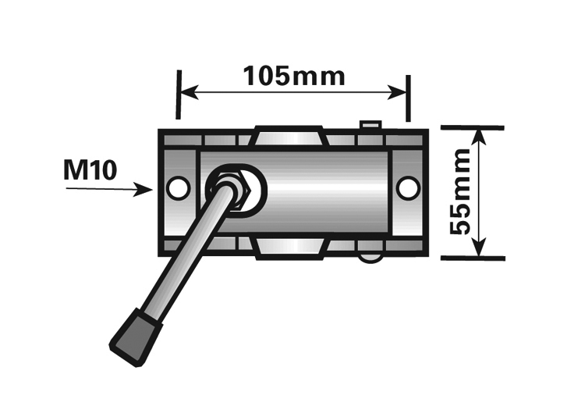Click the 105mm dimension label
[294, 77]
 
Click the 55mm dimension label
[459, 191]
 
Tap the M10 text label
[90, 170]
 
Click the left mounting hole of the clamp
[178, 188]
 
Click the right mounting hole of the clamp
[408, 188]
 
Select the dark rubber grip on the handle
[136, 337]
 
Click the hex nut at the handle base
[232, 190]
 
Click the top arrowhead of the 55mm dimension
[479, 137]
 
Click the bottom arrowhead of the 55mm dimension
[480, 248]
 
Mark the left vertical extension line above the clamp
[179, 94]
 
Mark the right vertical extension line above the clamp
[408, 98]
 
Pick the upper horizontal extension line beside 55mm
[473, 128]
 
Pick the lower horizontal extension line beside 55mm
[473, 258]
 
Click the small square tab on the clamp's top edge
[370, 125]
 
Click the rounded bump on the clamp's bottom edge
[370, 258]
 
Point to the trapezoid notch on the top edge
[289, 137]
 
